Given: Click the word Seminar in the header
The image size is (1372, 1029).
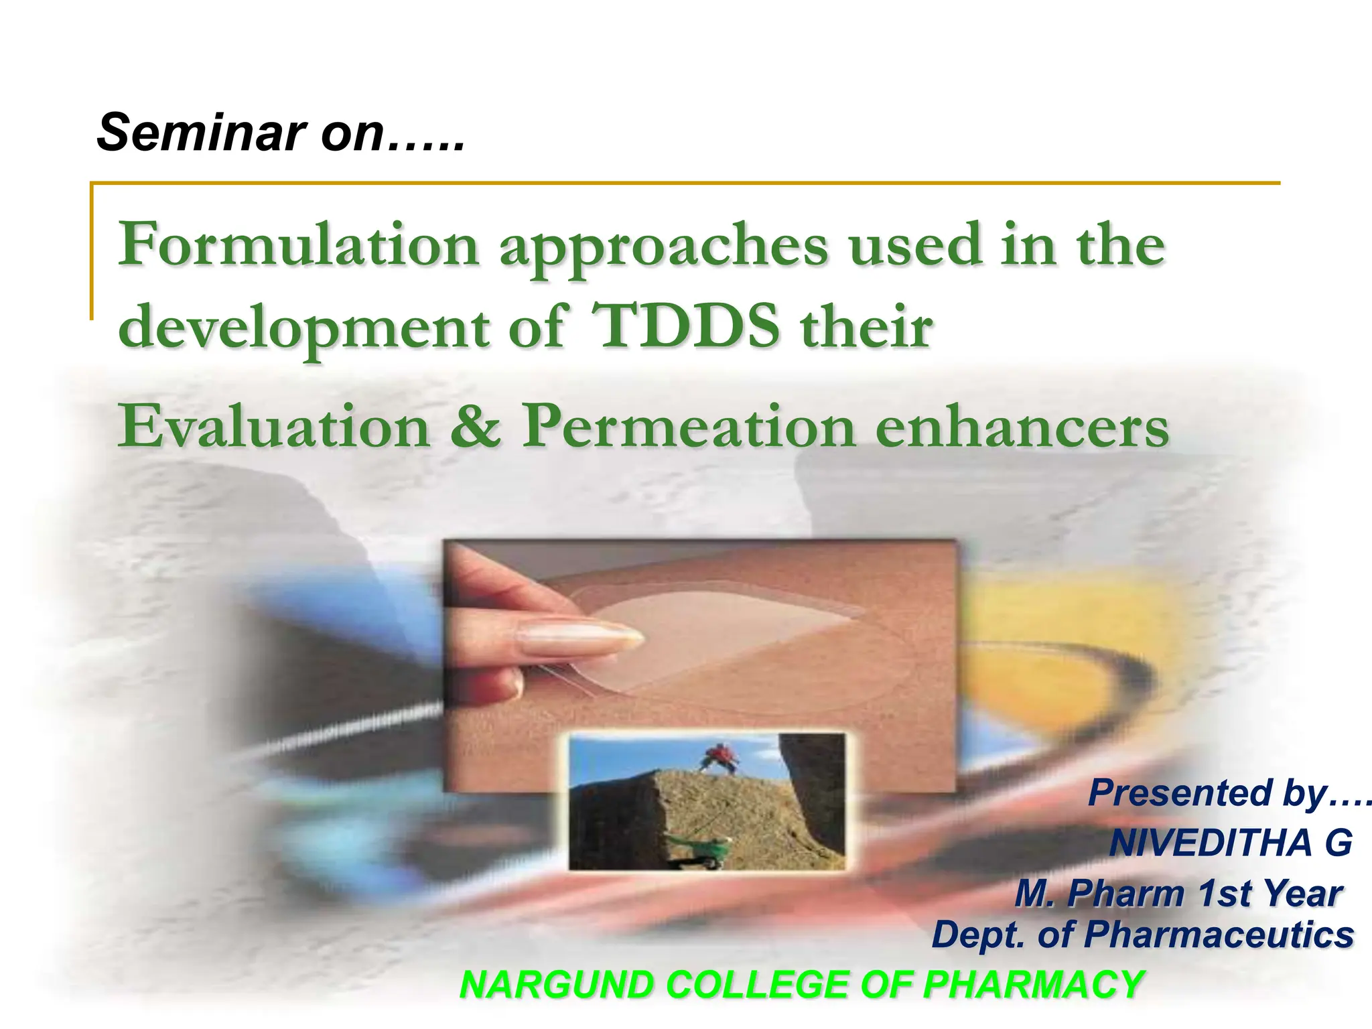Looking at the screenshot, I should coord(201,133).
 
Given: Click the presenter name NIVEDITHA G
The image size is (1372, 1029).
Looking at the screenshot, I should coord(1230,843).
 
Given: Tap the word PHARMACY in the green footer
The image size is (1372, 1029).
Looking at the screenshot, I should coord(1032,985).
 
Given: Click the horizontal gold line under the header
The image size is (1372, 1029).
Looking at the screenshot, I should coord(683,182).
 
